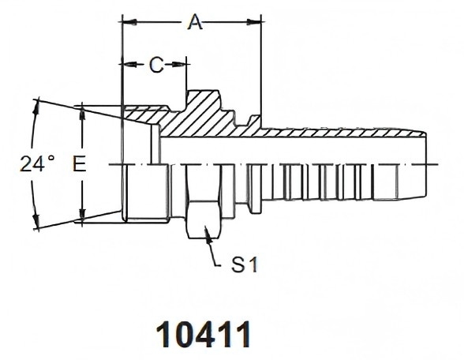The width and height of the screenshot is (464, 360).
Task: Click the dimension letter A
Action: (195, 22)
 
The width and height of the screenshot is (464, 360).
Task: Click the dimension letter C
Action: (156, 65)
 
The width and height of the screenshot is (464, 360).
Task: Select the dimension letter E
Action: (79, 164)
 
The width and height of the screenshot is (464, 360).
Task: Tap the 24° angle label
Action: (37, 163)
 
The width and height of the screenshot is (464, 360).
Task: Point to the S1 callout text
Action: (245, 264)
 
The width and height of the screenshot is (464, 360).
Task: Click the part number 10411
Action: (204, 334)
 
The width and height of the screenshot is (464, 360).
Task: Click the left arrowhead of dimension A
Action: (129, 22)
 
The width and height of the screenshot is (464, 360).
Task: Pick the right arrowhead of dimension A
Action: (254, 22)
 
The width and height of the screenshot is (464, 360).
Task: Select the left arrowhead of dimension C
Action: (129, 64)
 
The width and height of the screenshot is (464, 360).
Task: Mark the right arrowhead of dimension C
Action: (179, 64)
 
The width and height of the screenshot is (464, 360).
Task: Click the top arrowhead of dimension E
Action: (83, 113)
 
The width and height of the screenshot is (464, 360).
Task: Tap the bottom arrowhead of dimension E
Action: (83, 214)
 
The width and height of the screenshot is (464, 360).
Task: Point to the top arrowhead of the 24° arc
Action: (36, 107)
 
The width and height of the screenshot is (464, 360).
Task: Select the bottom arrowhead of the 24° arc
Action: (36, 220)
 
